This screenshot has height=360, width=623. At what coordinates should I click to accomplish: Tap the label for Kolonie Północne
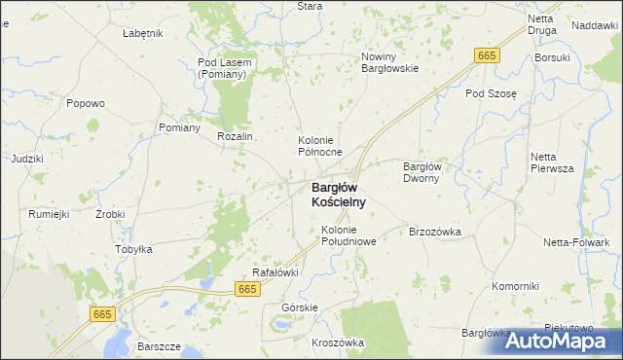pos(320,147)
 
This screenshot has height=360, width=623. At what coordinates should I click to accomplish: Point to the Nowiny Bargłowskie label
pos(389,62)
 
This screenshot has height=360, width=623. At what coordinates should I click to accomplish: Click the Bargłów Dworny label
pos(423,172)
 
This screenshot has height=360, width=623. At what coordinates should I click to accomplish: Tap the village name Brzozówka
pos(434,232)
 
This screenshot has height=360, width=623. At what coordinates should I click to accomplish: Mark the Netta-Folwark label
pos(576,241)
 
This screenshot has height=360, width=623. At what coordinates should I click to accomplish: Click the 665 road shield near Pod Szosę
pos(488,56)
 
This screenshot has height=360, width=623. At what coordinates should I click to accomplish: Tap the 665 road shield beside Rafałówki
pos(248,289)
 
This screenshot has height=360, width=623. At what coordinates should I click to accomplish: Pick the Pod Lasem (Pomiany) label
pos(225,68)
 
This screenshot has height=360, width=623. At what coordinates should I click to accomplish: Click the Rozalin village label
pos(236,137)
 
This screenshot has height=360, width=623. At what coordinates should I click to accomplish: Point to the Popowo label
pos(86,103)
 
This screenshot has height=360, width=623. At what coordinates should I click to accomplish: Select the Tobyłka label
pos(134,249)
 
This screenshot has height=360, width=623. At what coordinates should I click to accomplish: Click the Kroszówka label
pos(338,342)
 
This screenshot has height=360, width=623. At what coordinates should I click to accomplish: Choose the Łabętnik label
pos(143,33)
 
